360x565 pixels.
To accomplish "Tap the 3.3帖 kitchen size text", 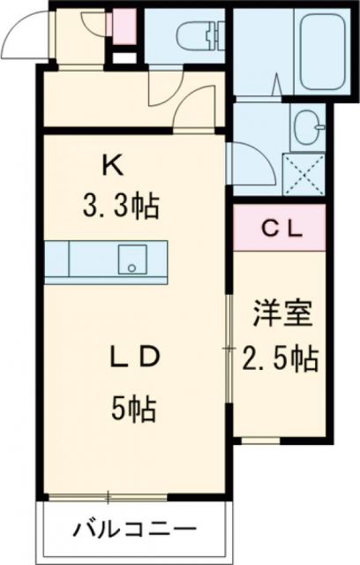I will pos(121,207).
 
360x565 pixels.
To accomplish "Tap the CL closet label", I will pos(281,229).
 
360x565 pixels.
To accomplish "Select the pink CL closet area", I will pos(281,229).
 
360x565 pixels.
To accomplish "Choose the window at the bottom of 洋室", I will pos(279,440).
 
